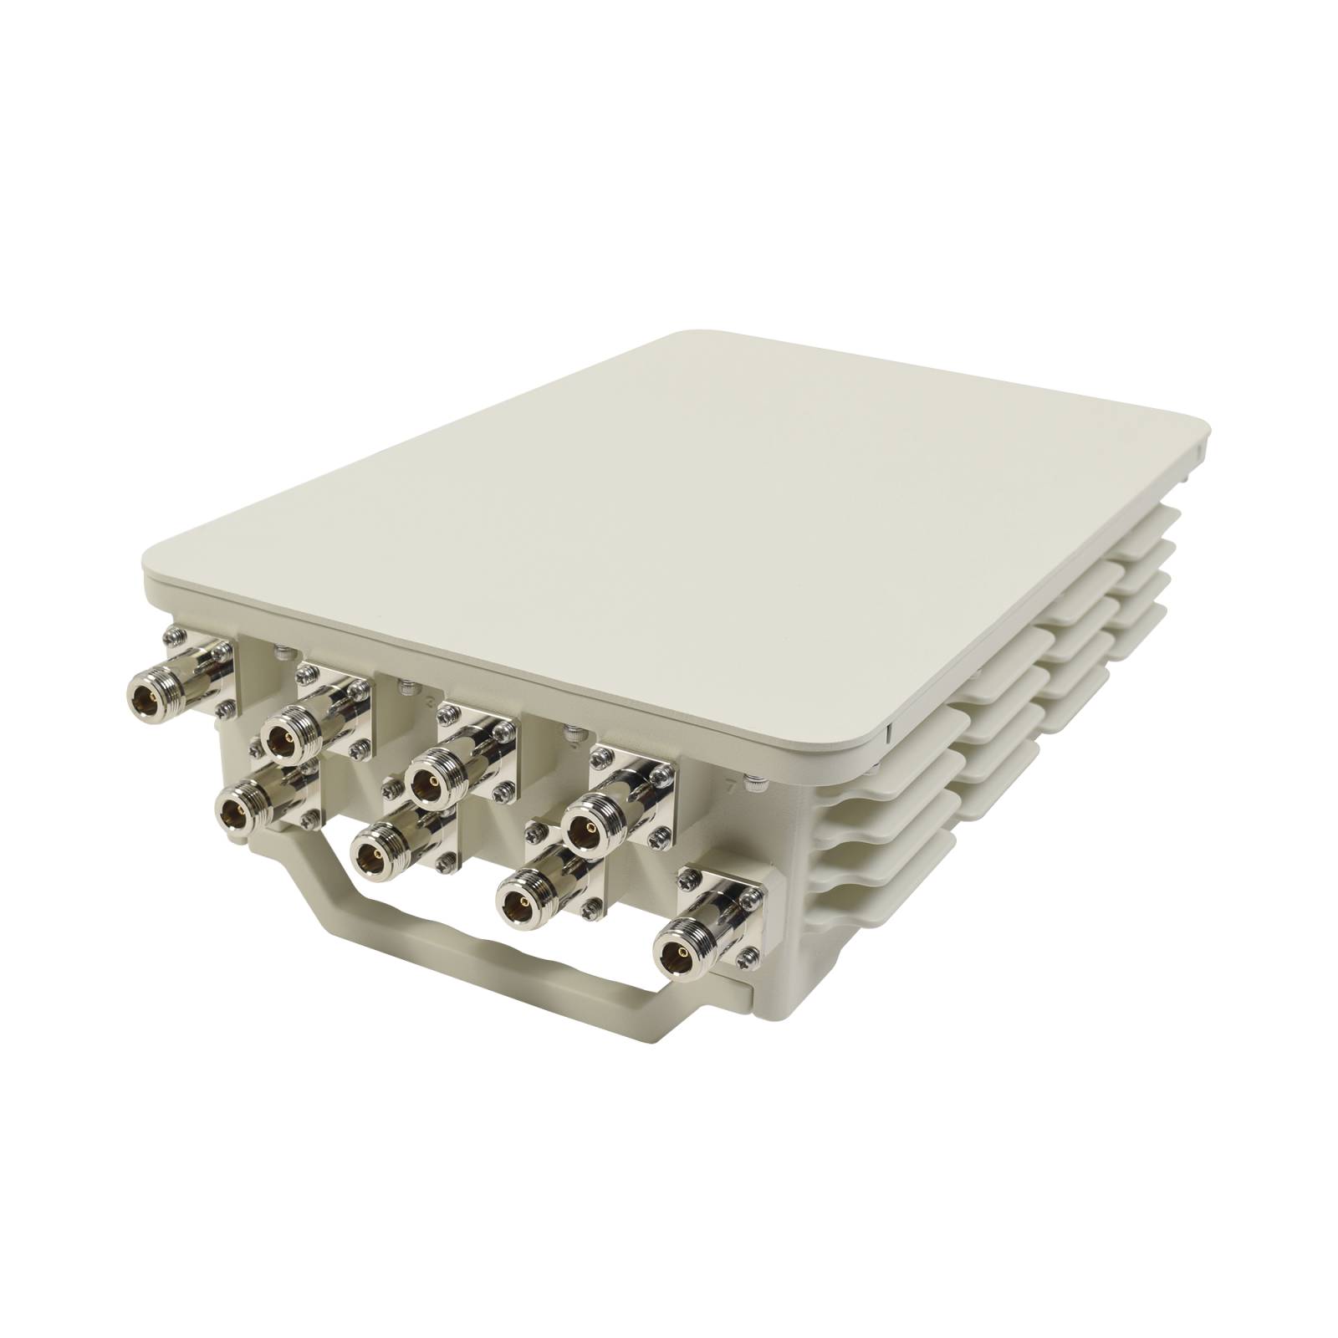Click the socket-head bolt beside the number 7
(x=755, y=784)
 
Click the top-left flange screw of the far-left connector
(x=174, y=636)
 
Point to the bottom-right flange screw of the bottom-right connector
(x=751, y=953)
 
